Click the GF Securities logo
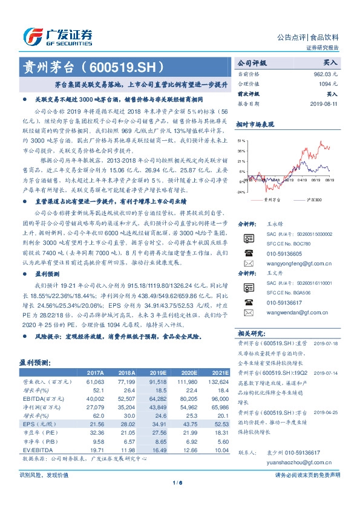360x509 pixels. coord(57,36)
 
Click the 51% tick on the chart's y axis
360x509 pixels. coord(241,140)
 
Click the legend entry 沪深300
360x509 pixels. coord(309,198)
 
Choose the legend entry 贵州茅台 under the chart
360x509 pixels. coord(272,198)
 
